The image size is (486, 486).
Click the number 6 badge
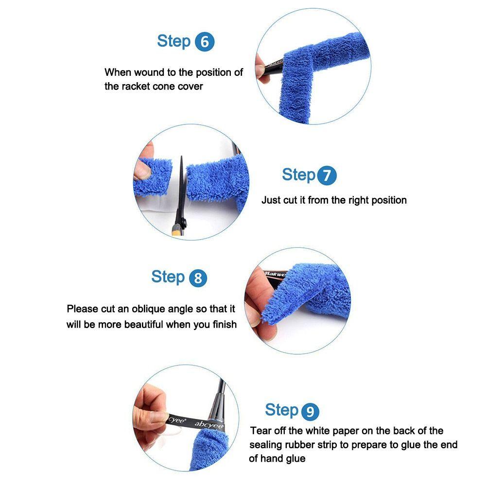[x=205, y=42]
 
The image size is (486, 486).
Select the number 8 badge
[x=198, y=278]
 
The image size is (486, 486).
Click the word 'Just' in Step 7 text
[x=270, y=200]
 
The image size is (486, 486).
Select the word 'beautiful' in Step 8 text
[x=143, y=324]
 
